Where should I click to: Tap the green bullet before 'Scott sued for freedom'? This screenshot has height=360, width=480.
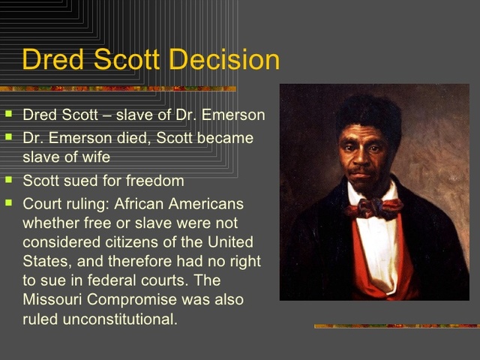(x=8, y=180)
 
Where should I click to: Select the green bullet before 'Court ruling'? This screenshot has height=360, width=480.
(x=8, y=202)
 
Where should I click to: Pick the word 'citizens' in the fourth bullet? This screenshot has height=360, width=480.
(x=131, y=242)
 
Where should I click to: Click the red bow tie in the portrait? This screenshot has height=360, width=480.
(x=372, y=207)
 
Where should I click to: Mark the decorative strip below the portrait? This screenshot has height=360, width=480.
(x=396, y=325)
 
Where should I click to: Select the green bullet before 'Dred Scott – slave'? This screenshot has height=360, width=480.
(x=8, y=115)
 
